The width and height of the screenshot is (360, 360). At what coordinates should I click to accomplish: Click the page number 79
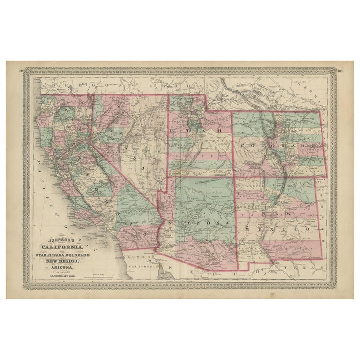21,70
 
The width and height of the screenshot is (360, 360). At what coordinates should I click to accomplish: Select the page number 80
339,71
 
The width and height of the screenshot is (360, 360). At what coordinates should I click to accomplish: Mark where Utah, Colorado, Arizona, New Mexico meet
233,176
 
